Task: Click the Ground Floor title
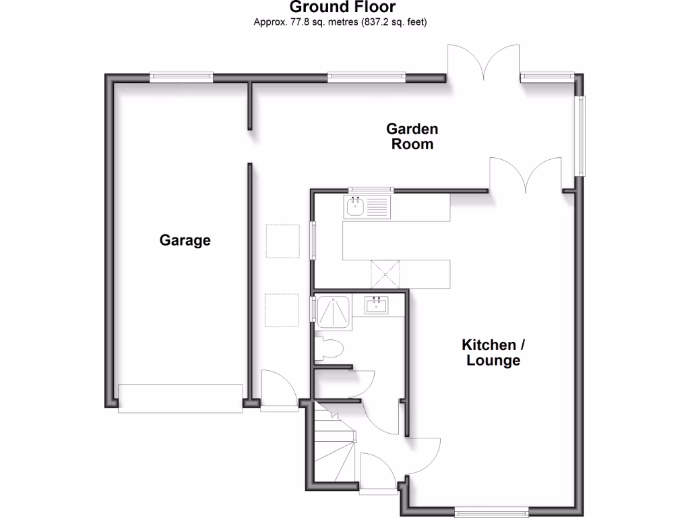342,7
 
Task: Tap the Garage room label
185,240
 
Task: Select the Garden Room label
412,136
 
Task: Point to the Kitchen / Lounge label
493,352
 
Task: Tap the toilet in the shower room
330,349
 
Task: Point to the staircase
335,445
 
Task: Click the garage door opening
180,398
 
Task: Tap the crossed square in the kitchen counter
385,274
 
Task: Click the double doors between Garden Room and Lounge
526,175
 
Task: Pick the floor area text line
340,22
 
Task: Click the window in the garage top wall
181,77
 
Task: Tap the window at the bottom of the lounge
491,511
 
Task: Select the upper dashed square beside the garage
282,241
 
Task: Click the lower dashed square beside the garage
282,310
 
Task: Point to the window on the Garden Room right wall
579,135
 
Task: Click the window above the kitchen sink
370,189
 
